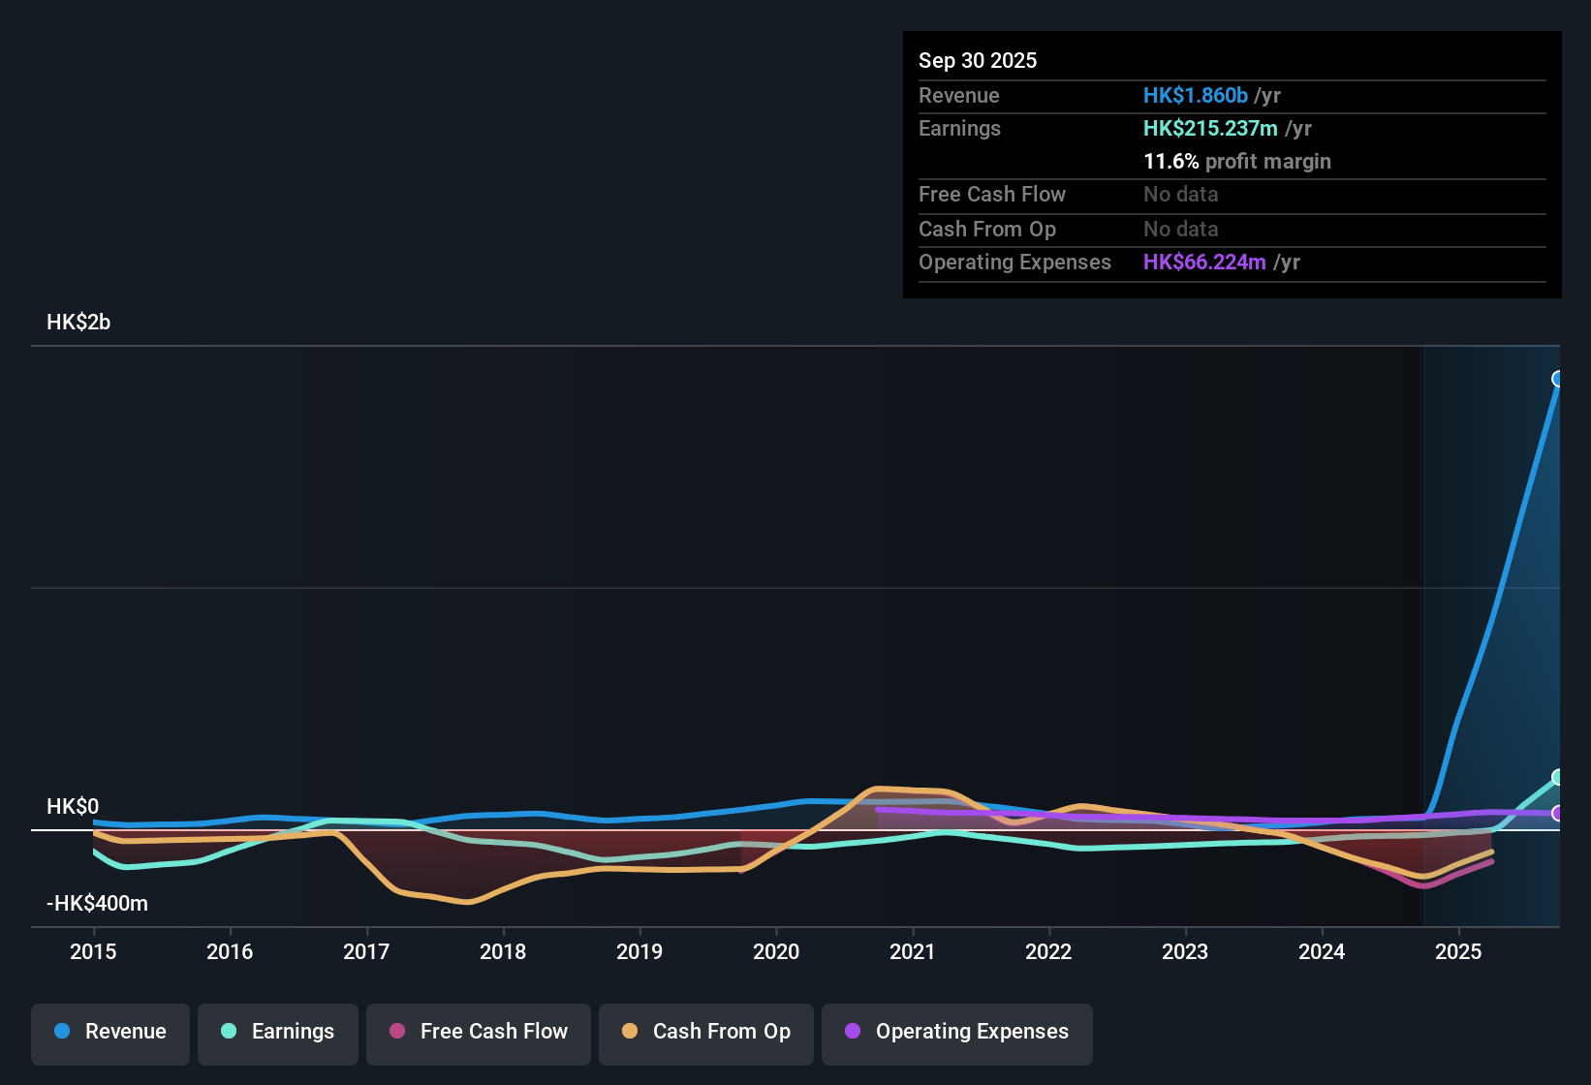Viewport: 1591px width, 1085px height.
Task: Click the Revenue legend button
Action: [x=110, y=1032]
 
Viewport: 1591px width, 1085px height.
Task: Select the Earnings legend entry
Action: [x=278, y=1032]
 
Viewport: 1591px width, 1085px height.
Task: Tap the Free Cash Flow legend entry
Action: [x=479, y=1032]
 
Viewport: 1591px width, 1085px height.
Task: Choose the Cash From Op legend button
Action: [x=706, y=1032]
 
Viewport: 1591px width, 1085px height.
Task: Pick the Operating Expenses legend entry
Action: [x=957, y=1032]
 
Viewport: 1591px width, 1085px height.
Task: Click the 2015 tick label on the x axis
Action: [x=93, y=951]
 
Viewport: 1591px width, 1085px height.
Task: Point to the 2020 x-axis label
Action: [x=776, y=951]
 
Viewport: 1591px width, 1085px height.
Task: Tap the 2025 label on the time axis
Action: [x=1458, y=951]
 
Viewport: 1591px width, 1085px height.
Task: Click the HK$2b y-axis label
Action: [x=78, y=323]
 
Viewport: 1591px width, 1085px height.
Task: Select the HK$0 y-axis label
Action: [x=73, y=806]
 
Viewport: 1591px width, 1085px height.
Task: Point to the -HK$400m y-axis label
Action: [x=97, y=903]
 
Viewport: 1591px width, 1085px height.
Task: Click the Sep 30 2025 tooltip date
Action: [x=978, y=60]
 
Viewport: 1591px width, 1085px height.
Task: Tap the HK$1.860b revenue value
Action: [x=1195, y=95]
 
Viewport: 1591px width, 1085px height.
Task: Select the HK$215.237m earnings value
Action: [x=1209, y=128]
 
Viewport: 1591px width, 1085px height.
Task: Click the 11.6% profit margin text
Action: [x=1236, y=161]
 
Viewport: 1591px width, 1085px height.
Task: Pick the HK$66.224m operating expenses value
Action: [x=1203, y=262]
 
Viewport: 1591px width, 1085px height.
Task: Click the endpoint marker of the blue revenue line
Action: [x=1558, y=379]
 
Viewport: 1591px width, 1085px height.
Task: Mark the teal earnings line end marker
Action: [x=1558, y=777]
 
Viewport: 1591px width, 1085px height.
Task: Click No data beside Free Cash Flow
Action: [x=1180, y=194]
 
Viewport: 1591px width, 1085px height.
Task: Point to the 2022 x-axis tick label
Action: [x=1048, y=951]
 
